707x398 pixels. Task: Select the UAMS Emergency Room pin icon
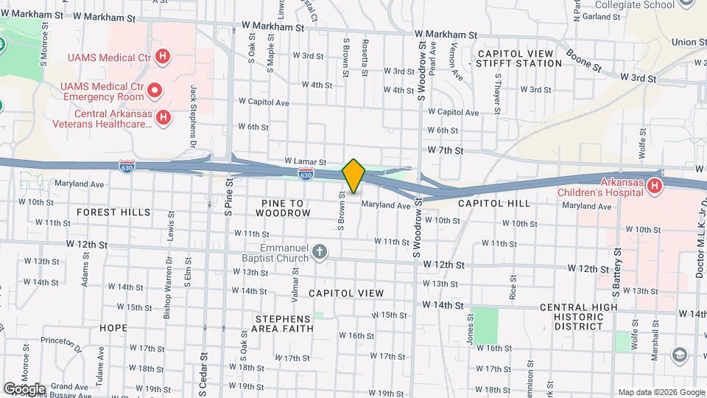pyautogui.click(x=155, y=91)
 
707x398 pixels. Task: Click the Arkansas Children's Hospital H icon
pyautogui.click(x=654, y=187)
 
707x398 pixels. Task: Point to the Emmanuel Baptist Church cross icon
pyautogui.click(x=320, y=252)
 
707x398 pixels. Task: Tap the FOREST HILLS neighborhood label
pyautogui.click(x=113, y=212)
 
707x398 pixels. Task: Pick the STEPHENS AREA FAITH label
pyautogui.click(x=284, y=324)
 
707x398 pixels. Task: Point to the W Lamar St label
pyautogui.click(x=305, y=161)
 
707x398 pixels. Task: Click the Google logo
pyautogui.click(x=24, y=389)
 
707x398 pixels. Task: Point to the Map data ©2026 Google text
pyautogui.click(x=661, y=392)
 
